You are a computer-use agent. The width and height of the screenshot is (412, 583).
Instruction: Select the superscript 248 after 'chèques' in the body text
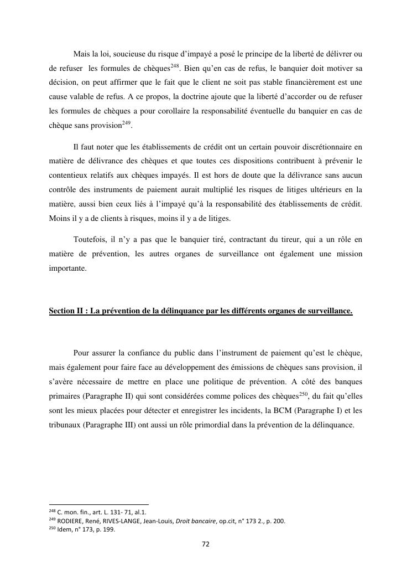(x=175, y=66)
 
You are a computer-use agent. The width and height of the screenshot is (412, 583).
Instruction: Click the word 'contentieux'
(x=67, y=176)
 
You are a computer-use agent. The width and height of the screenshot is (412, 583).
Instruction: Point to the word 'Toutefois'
(x=91, y=240)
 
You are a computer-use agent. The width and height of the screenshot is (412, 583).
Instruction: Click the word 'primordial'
(x=234, y=410)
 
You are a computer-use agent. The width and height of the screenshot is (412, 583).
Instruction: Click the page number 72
(x=205, y=545)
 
